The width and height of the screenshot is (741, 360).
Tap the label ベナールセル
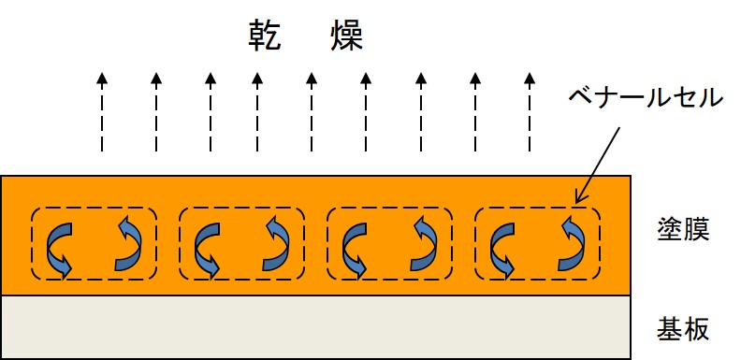646,97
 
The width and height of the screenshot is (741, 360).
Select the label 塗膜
684,230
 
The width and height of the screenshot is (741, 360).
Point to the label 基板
684,328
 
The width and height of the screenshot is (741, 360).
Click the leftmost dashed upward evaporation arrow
103,112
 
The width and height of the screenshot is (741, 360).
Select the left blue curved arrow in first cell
58,248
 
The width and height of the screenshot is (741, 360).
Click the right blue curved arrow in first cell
127,244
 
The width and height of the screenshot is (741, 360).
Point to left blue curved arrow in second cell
206,248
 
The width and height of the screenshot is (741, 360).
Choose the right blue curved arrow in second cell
275,244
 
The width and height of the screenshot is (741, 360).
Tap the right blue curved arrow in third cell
423,244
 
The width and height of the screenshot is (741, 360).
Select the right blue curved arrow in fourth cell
572,244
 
